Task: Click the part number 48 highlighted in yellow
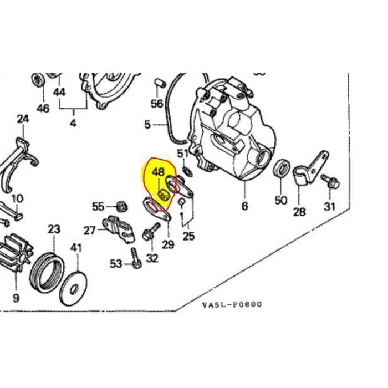pyautogui.click(x=159, y=172)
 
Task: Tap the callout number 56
pyautogui.click(x=157, y=104)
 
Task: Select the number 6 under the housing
pyautogui.click(x=244, y=206)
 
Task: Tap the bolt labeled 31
pyautogui.click(x=331, y=181)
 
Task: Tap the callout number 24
pyautogui.click(x=22, y=119)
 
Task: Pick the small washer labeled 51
pyautogui.click(x=186, y=168)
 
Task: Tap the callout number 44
pyautogui.click(x=59, y=92)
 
